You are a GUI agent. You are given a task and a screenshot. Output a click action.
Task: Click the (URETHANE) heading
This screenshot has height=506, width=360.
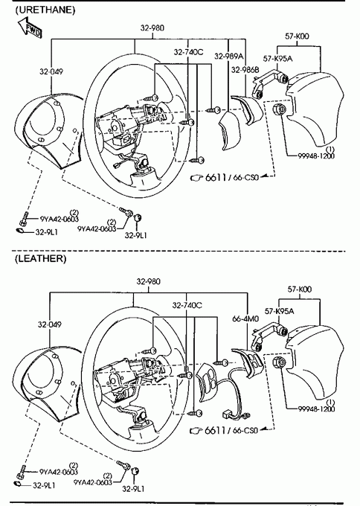pos(45,10)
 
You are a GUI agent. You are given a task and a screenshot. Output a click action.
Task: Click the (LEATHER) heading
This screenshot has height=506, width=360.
pos(40,258)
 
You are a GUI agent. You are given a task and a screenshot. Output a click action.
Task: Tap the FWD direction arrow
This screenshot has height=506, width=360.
pos(30,28)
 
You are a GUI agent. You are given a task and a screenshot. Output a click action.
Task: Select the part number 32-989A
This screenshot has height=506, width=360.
pos(228,57)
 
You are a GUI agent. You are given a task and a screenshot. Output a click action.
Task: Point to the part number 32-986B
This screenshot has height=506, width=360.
pos(245,70)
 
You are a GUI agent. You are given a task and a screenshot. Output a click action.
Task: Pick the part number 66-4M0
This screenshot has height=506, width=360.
pos(245,318)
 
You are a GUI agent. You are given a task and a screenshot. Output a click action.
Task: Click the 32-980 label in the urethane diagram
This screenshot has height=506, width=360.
pos(152,28)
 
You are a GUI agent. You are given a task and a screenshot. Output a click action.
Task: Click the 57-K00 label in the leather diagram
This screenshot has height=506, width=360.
pos(300,289)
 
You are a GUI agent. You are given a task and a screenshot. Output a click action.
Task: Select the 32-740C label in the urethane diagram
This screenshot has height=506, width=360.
pos(188,52)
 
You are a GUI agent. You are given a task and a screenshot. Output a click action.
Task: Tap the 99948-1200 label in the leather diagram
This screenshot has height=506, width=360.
pos(316,409)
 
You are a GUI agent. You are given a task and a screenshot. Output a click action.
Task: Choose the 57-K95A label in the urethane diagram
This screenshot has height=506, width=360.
pos(277,59)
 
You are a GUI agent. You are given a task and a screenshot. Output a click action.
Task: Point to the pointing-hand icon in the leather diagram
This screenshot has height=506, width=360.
pos(196,431)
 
